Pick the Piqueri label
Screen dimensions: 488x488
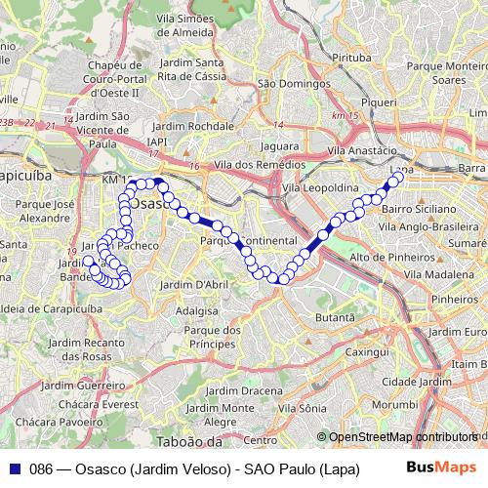(377, 101)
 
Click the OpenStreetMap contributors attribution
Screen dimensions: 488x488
(403, 437)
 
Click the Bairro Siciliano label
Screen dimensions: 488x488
(418, 209)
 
